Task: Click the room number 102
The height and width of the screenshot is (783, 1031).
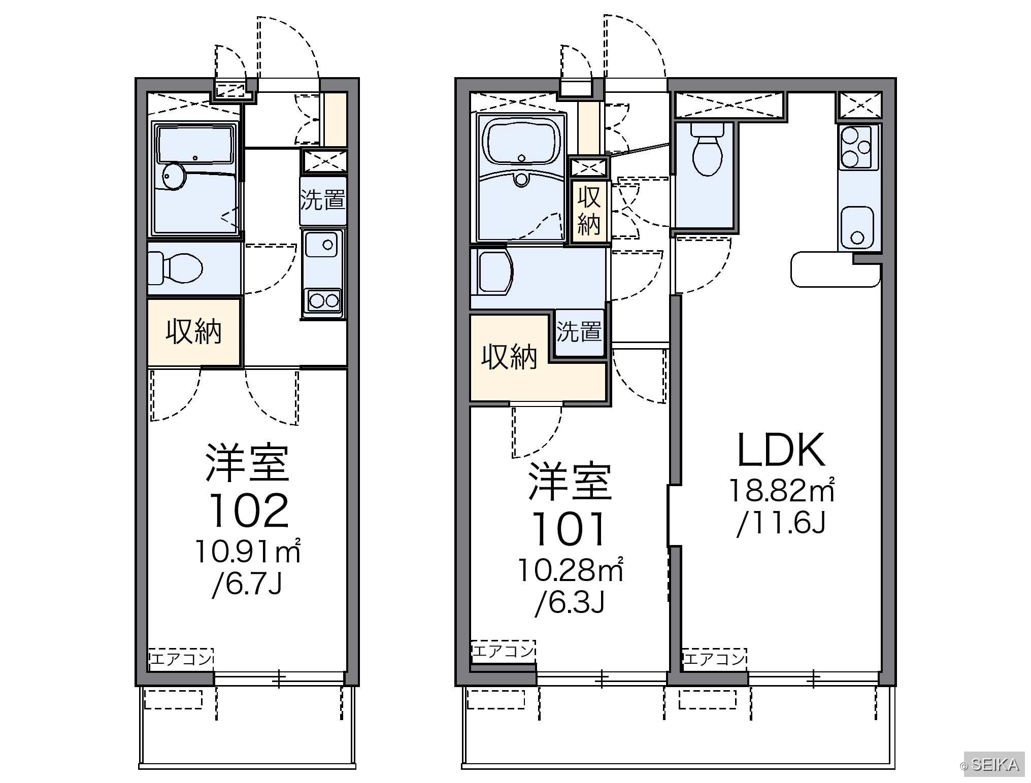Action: coord(249,510)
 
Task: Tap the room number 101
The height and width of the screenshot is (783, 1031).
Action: coord(569,529)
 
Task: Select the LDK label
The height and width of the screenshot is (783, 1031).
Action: coord(781,450)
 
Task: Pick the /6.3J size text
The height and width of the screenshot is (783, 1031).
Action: coord(570,603)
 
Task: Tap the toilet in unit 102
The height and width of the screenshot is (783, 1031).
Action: coord(175,268)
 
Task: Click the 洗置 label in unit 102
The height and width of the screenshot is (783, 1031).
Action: coord(323,200)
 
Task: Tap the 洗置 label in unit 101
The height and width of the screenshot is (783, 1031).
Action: coord(579,331)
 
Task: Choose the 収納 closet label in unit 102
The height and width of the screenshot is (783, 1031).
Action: coord(194,332)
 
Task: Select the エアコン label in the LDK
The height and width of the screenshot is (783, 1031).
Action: coord(714,659)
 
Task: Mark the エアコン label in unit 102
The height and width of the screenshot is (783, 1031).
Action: coord(181,659)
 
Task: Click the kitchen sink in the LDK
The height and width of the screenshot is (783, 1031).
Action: coord(857,227)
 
